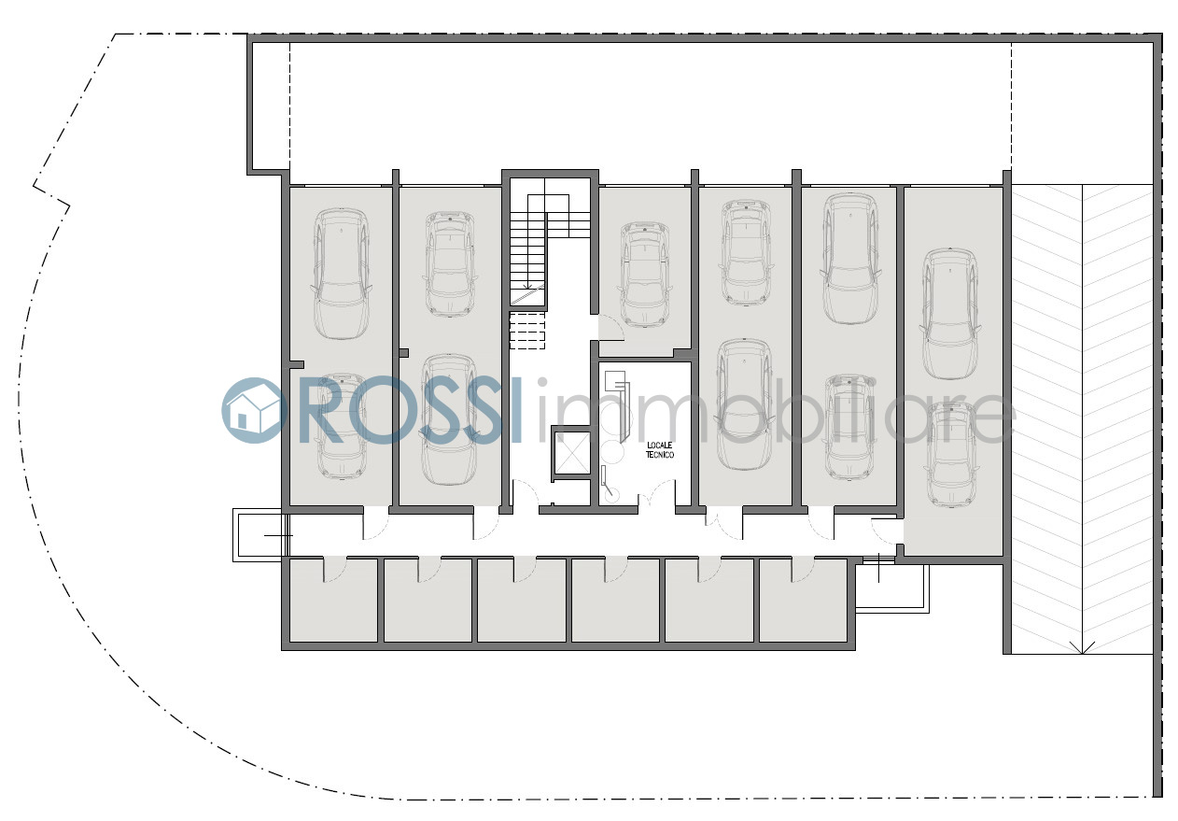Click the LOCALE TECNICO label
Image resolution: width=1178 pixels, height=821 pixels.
coord(659,450)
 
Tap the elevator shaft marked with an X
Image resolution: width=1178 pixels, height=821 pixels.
coord(571,453)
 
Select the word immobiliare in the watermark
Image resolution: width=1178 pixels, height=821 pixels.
coord(775,411)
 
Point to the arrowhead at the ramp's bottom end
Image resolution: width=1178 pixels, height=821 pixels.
coord(1082,648)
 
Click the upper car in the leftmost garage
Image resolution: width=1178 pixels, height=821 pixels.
coord(341,274)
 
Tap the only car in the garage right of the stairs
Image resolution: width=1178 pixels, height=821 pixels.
coord(645,275)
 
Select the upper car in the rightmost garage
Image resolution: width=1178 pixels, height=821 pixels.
coord(950,314)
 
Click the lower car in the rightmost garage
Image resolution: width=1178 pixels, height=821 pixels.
coord(951,455)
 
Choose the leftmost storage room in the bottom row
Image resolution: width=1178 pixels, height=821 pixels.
coord(333,600)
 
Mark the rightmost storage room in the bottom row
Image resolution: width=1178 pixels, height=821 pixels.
coord(803,600)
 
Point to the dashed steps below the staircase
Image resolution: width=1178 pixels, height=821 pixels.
coord(527,331)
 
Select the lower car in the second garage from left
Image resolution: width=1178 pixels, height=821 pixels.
coord(449,419)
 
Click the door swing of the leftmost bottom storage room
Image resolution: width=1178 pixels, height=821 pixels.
coord(335,570)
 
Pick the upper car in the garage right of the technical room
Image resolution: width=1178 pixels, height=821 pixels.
coord(746,252)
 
